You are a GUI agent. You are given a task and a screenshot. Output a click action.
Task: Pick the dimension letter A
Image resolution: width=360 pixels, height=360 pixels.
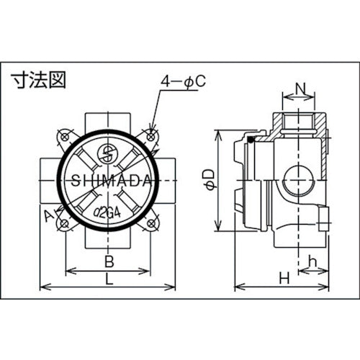(48, 215)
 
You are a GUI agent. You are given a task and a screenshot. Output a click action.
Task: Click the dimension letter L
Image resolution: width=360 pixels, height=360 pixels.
(107, 278)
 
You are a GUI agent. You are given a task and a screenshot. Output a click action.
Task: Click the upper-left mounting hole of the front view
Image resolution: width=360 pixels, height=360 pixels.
(64, 134)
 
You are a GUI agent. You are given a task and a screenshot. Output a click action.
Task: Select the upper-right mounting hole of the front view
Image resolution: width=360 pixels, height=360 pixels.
(152, 133)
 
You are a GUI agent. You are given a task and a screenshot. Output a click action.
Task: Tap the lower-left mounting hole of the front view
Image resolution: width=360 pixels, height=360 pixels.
(64, 224)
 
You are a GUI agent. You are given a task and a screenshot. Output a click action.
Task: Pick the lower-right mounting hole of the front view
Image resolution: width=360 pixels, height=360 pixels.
(152, 224)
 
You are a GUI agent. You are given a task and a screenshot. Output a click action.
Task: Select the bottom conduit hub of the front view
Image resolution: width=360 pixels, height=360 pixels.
(107, 242)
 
